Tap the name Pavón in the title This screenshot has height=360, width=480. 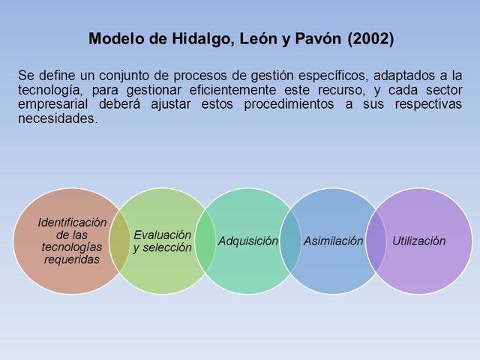[x=319, y=39]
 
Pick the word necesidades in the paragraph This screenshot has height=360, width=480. [x=57, y=118]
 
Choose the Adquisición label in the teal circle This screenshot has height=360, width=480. [x=247, y=241]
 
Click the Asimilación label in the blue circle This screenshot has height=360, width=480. [x=333, y=241]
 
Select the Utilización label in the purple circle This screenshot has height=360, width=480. [x=418, y=241]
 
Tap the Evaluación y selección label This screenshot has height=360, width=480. [x=162, y=241]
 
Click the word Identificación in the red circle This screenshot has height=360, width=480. [x=72, y=223]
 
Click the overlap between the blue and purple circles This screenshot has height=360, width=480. [x=376, y=241]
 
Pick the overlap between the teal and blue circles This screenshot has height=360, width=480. [x=290, y=241]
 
